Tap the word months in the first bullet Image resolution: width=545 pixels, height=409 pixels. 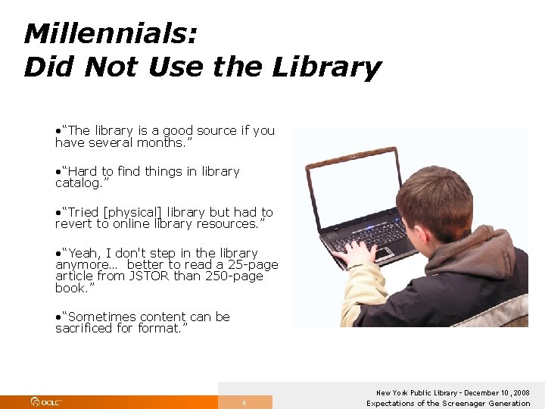click(x=160, y=142)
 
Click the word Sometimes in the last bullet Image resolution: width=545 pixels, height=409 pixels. click(x=100, y=317)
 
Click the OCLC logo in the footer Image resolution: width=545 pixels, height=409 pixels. click(x=46, y=402)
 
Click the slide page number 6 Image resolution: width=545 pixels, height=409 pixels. click(x=244, y=403)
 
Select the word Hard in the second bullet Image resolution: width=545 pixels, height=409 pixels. click(x=83, y=172)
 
